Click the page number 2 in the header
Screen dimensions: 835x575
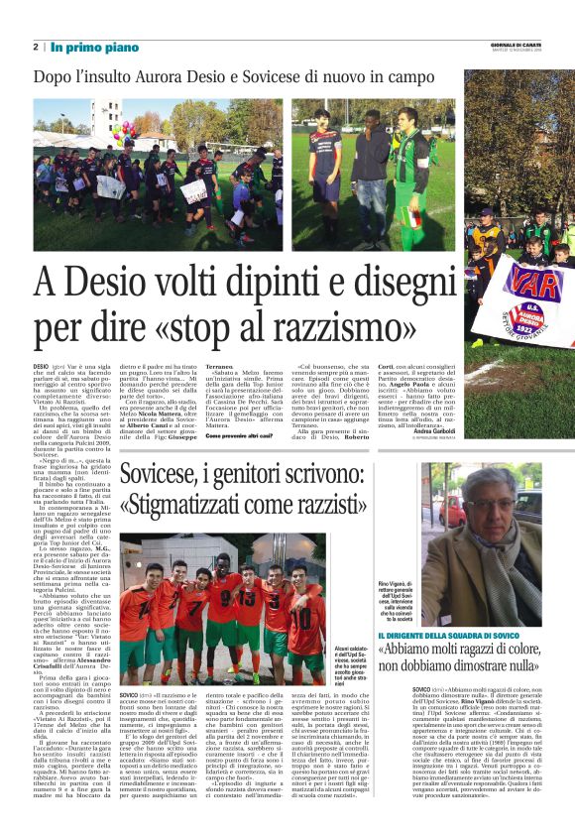pyautogui.click(x=36, y=47)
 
